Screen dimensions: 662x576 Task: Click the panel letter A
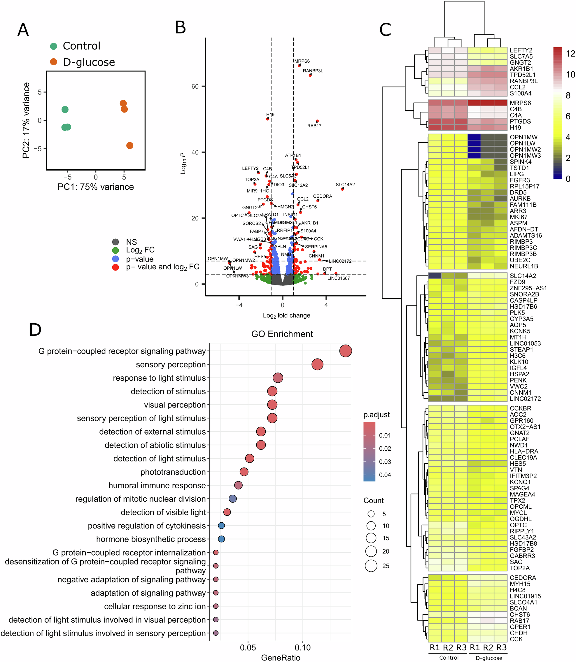pos(23,30)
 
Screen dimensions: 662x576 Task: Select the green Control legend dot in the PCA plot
pos(54,46)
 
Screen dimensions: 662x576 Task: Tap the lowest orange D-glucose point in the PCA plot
pos(129,145)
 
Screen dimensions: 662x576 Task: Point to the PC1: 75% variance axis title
pos(95,187)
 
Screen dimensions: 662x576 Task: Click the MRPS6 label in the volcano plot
pos(302,61)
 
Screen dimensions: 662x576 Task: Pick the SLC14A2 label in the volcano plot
pos(345,185)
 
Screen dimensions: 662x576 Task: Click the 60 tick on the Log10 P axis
pos(195,86)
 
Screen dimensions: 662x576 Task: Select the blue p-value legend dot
pos(115,259)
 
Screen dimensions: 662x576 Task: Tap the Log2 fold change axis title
pos(286,315)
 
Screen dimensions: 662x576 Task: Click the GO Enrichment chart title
pos(282,334)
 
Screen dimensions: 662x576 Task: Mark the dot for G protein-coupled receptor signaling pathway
pos(346,351)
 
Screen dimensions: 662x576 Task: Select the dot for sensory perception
pos(317,364)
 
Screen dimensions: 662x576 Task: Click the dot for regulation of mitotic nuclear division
pos(233,498)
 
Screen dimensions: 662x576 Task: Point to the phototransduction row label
pos(173,472)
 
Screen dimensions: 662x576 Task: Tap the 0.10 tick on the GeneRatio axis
pos(303,647)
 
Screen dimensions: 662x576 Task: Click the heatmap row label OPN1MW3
pos(525,156)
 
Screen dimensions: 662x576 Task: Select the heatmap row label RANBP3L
pos(524,81)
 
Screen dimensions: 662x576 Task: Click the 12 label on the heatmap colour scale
pos(570,54)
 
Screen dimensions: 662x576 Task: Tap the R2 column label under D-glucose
pos(488,647)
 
